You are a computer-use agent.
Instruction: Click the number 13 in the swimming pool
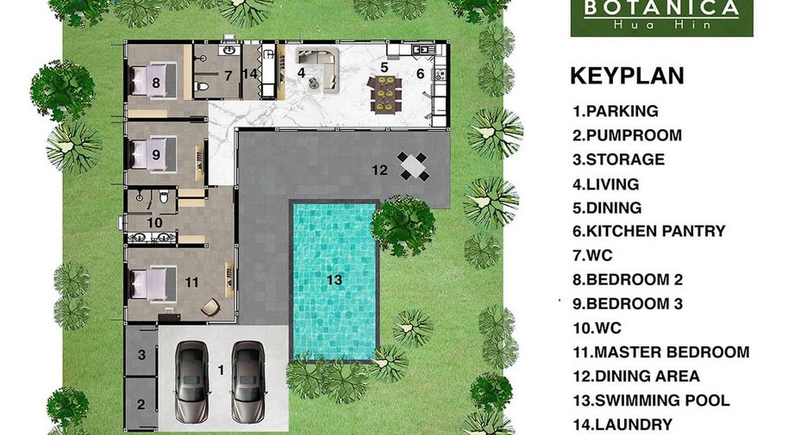tap(334, 280)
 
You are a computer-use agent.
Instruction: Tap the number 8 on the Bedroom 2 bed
tap(156, 83)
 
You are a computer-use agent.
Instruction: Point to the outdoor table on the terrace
tap(413, 166)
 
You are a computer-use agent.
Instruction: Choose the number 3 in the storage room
tap(141, 354)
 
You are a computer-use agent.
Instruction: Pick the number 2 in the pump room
tap(141, 404)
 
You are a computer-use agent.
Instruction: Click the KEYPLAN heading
tap(627, 76)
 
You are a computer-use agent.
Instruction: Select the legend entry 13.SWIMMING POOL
tap(651, 400)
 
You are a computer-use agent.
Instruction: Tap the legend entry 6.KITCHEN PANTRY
tap(649, 231)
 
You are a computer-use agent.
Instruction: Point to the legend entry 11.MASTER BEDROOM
tap(660, 352)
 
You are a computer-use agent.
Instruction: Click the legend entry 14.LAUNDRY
tap(622, 424)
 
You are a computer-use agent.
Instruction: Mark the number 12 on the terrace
tap(380, 170)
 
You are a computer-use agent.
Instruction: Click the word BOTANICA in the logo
tap(661, 8)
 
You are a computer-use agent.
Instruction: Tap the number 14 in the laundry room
tap(250, 74)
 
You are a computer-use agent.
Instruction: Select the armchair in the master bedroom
tap(210, 307)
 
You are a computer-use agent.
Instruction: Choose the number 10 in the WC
tap(154, 222)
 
